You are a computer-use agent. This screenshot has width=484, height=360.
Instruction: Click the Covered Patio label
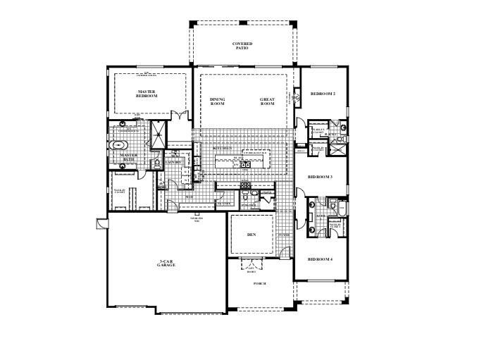click(x=242, y=46)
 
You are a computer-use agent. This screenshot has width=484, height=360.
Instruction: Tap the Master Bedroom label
click(x=147, y=93)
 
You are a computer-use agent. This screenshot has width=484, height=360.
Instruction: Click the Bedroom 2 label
click(x=323, y=94)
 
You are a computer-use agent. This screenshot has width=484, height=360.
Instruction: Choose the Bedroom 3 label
click(x=321, y=178)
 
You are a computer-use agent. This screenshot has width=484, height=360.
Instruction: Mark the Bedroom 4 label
click(x=321, y=259)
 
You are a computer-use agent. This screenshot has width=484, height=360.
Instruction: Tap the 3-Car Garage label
click(x=166, y=263)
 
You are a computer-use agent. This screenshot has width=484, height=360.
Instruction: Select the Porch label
click(x=260, y=283)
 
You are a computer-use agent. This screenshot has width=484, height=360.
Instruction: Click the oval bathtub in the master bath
click(x=117, y=147)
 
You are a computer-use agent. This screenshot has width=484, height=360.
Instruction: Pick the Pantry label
click(x=224, y=203)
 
